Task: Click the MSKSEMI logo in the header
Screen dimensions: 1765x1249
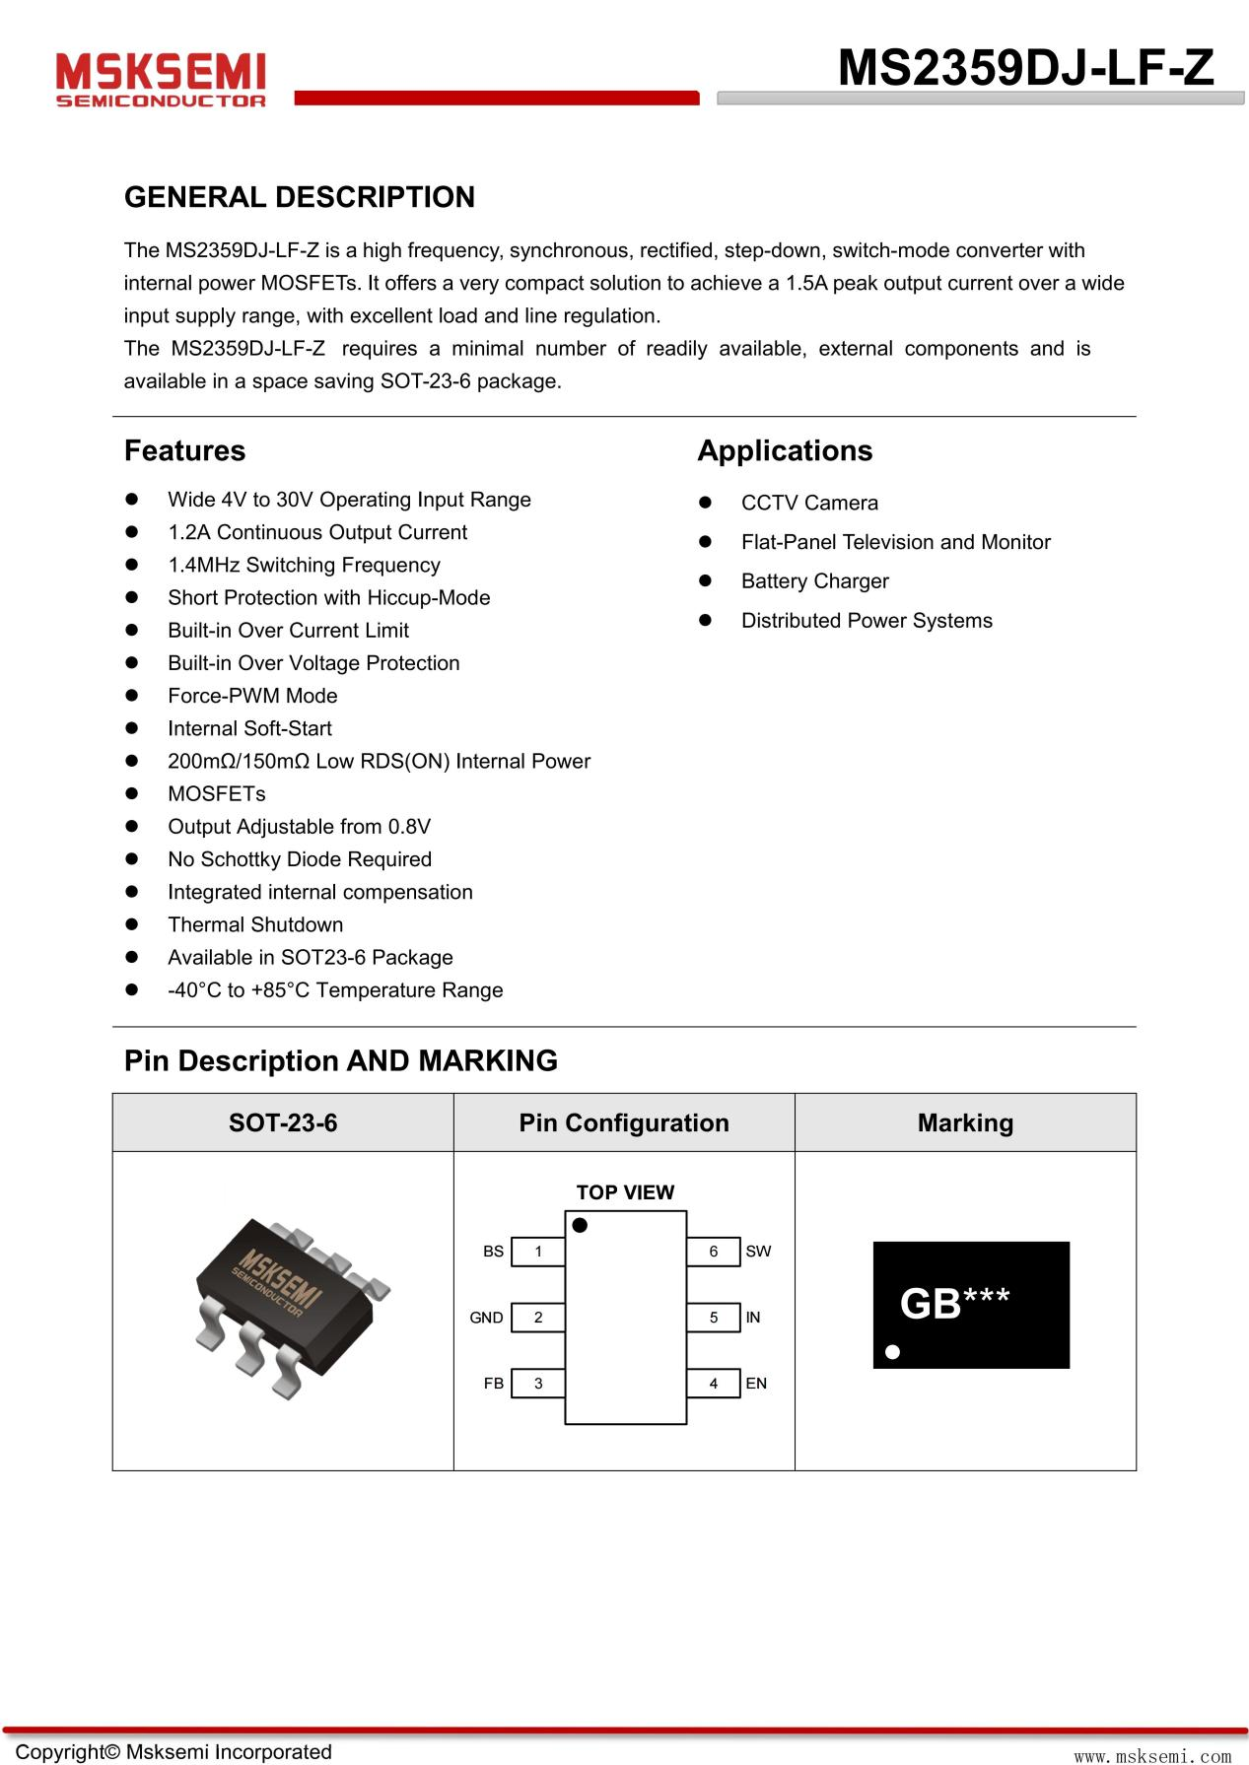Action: [161, 79]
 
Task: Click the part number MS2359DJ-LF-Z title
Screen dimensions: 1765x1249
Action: [1025, 68]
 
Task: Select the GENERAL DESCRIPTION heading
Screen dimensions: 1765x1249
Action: [299, 197]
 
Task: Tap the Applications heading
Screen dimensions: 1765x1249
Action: [785, 450]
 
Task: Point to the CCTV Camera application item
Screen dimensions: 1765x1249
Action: [809, 503]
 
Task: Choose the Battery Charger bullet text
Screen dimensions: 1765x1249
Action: [814, 581]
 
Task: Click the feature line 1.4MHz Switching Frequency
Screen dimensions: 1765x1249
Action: [304, 565]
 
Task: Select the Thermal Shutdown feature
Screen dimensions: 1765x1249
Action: [255, 924]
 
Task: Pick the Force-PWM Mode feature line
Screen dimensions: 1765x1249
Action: [252, 696]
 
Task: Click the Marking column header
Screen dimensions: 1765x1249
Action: [965, 1122]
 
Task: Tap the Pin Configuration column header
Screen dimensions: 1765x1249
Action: [624, 1122]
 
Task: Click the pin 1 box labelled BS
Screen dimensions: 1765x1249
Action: [538, 1252]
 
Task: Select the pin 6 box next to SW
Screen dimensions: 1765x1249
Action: [713, 1252]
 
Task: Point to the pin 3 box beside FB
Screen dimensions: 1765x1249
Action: [538, 1384]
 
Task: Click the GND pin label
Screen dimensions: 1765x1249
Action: [486, 1318]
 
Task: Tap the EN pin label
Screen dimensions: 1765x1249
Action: [756, 1384]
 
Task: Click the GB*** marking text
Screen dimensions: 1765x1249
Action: [954, 1303]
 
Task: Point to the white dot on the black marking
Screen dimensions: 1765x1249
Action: [892, 1351]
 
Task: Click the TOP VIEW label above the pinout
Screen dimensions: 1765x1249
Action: [625, 1192]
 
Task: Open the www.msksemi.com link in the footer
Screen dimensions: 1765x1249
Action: [1152, 1755]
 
